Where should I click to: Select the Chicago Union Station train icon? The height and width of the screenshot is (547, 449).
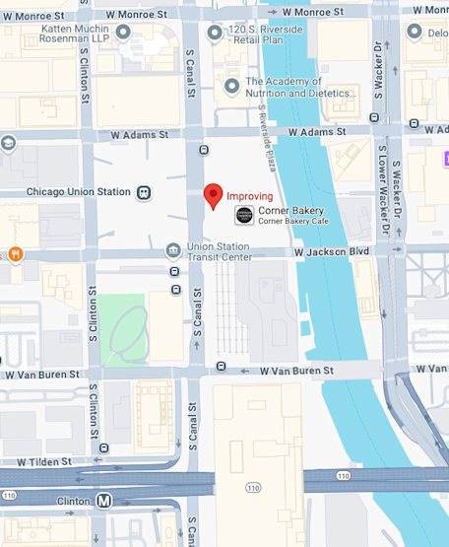[x=145, y=192]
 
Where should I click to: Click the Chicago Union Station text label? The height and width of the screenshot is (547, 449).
[x=78, y=192]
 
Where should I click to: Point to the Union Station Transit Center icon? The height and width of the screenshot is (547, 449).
[x=173, y=250]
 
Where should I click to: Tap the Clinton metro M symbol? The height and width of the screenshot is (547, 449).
[x=103, y=501]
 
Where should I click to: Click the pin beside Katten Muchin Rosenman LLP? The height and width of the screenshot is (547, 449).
[x=123, y=33]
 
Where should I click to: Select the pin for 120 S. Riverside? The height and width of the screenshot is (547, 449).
[x=216, y=33]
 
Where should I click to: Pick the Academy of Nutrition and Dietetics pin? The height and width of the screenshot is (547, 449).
[x=231, y=87]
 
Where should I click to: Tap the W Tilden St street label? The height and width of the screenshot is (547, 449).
[x=37, y=461]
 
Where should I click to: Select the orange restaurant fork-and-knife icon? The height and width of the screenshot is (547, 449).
[x=16, y=254]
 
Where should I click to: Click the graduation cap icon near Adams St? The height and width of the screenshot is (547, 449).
[x=8, y=143]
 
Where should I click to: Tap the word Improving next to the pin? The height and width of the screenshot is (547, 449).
[x=250, y=196]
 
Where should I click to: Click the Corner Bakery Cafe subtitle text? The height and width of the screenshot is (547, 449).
[x=293, y=221]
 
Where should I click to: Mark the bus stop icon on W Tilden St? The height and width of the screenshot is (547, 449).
[x=104, y=449]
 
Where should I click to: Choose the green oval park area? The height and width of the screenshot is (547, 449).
[x=126, y=330]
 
